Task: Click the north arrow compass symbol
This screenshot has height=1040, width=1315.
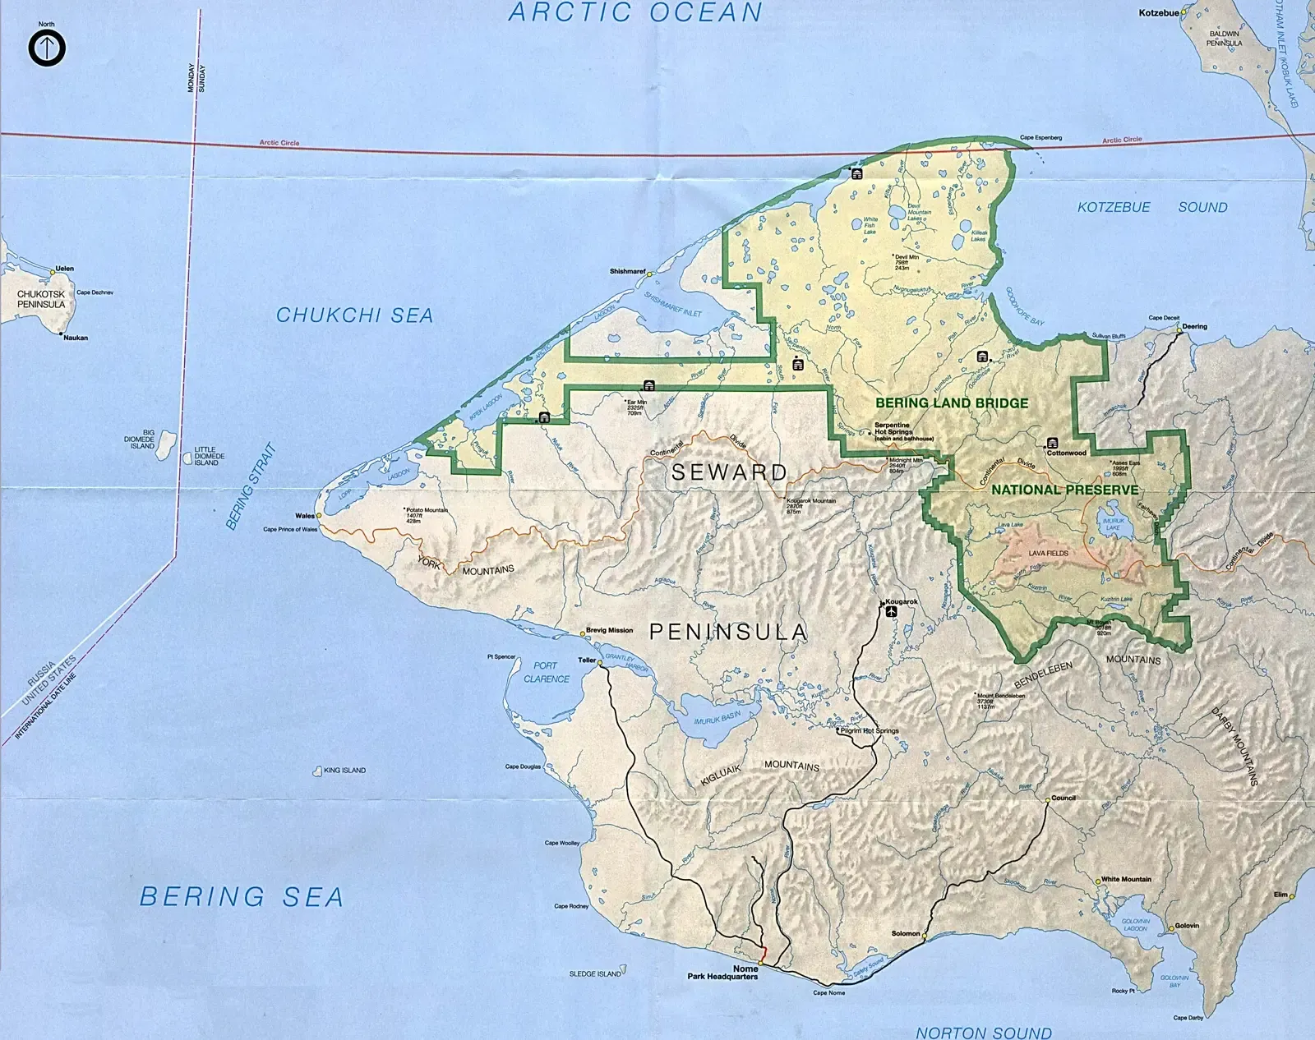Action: point(47,48)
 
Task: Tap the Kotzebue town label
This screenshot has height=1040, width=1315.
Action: point(1158,13)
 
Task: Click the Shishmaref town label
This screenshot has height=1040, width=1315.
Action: point(627,271)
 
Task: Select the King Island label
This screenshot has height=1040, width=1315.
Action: point(344,771)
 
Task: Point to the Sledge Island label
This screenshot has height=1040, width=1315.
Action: point(595,973)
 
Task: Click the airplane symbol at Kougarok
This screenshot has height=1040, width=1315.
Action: point(891,611)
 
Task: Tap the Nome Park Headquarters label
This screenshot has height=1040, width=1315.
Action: point(723,973)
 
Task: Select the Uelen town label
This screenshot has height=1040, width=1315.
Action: point(64,269)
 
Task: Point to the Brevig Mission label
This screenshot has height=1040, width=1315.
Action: point(609,630)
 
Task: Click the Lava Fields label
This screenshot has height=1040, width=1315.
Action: point(1048,553)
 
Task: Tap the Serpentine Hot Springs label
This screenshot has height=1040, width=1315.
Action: point(893,429)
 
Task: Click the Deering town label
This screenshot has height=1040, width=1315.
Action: point(1194,326)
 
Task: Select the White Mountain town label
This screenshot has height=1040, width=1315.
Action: point(1126,879)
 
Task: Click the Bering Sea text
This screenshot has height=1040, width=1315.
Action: point(242,896)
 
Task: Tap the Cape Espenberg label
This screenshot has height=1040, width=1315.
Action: point(1040,137)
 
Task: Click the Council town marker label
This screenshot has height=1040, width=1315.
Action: point(1063,798)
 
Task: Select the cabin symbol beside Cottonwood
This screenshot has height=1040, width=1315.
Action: point(1052,444)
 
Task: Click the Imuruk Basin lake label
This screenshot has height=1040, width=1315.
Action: point(717,717)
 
